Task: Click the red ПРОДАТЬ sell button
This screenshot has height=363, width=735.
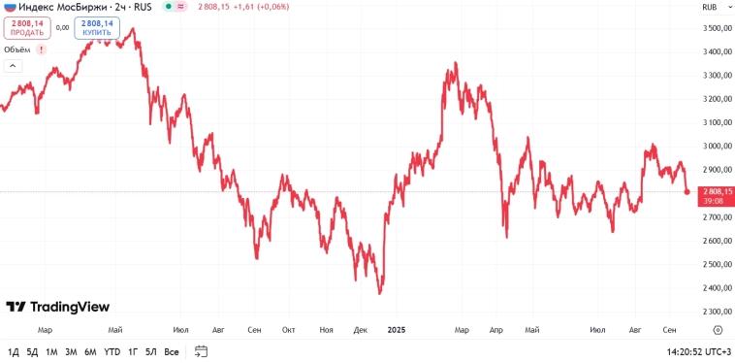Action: point(27,27)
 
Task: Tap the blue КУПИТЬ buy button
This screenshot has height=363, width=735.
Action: point(97,27)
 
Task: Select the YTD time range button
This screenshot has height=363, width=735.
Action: point(112,351)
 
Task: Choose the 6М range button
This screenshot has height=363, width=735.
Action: point(90,351)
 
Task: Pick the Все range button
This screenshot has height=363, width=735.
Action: point(172,351)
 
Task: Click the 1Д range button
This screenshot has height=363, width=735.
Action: point(13,351)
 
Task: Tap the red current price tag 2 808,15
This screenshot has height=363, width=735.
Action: point(716,192)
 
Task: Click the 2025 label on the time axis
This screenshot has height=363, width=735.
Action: point(396,330)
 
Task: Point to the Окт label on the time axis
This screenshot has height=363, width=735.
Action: point(288,330)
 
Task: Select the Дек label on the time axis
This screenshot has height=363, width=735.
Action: point(361,330)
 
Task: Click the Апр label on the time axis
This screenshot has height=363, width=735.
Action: point(496,330)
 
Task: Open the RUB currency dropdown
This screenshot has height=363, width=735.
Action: point(710,7)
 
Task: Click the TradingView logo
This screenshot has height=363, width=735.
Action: point(57,307)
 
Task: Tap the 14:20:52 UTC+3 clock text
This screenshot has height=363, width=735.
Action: point(698,351)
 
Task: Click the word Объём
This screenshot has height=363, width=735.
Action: point(17,49)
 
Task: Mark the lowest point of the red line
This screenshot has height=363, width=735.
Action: point(379,293)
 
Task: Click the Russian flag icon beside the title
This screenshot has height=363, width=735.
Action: point(10,7)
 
